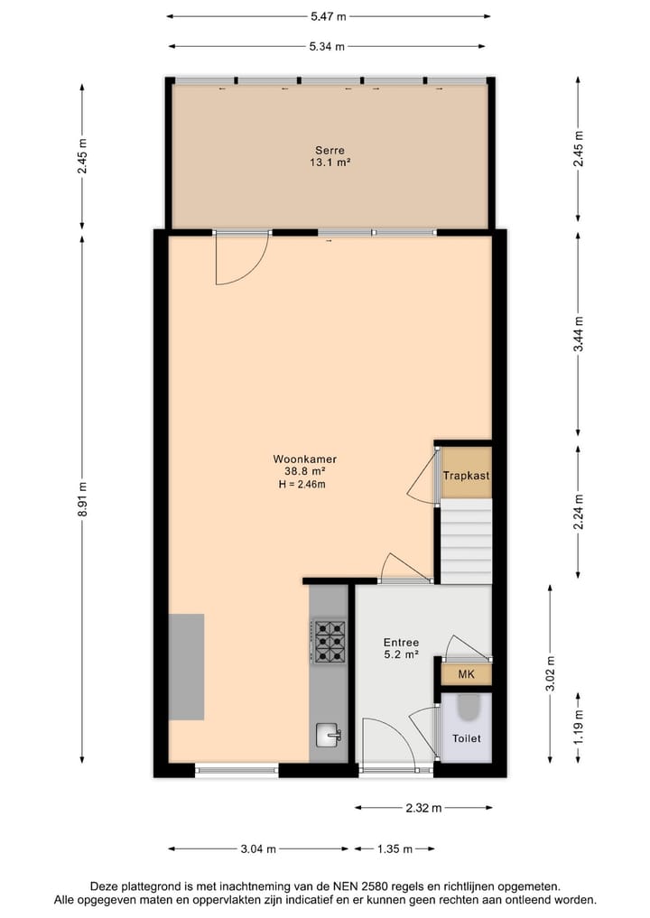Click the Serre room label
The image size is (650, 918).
tap(330, 150)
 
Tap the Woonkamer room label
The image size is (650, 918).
tap(298, 458)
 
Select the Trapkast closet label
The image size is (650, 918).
tap(466, 475)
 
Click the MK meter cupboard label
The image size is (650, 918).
tap(466, 674)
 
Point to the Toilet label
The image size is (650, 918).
tap(467, 738)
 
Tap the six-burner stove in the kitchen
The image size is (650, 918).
tap(330, 641)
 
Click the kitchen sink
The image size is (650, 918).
tap(330, 736)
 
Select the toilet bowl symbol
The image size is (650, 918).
tap(468, 709)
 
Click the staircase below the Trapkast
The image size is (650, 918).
tap(466, 542)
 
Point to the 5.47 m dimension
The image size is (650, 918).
tap(330, 16)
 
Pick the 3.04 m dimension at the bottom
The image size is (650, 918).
tap(259, 849)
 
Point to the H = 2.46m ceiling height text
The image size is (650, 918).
tap(302, 485)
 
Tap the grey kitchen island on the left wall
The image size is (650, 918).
tap(186, 666)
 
